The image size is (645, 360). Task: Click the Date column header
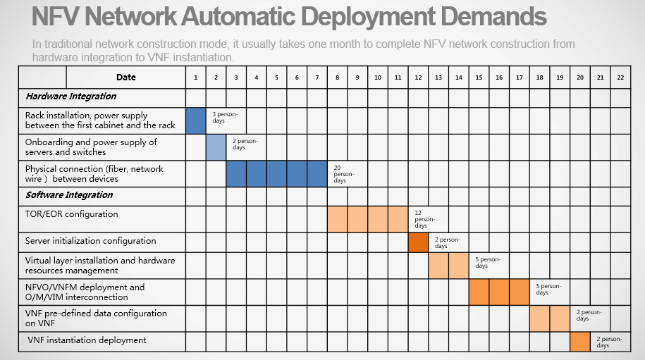[x=126, y=77]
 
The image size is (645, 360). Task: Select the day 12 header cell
[x=418, y=77]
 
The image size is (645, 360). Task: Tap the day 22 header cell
[x=620, y=77]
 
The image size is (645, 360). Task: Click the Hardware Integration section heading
[x=70, y=97]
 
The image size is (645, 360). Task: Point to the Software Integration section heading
[x=69, y=195]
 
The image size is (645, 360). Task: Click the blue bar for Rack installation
[x=196, y=121]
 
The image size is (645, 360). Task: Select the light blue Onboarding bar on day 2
[x=216, y=147]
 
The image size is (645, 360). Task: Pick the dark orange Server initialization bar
[x=418, y=242]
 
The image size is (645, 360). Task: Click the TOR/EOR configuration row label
[x=72, y=214]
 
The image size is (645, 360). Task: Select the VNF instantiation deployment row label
[x=87, y=340]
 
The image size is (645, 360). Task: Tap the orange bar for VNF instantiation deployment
[x=580, y=342]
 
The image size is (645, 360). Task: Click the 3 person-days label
[x=225, y=117]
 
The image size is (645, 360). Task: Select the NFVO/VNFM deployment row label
[x=85, y=292]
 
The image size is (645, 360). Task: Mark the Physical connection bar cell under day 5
[x=277, y=174]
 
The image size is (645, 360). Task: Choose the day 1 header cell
[x=196, y=77]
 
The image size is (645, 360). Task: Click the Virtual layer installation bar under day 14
[x=459, y=266]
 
